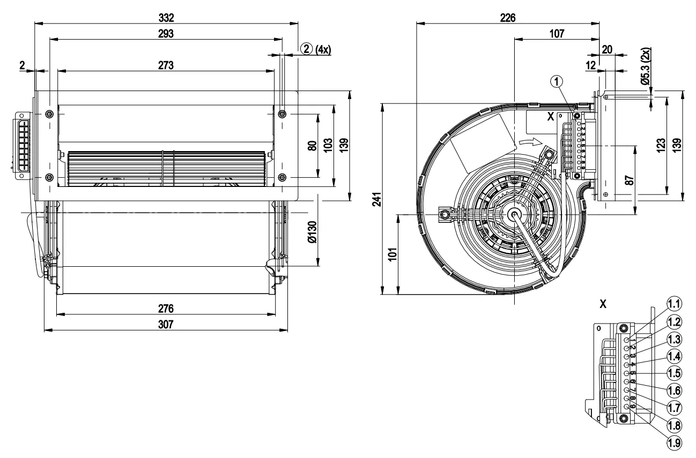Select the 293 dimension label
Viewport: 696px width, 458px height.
pyautogui.click(x=166, y=34)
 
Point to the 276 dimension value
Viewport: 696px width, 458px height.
pyautogui.click(x=166, y=309)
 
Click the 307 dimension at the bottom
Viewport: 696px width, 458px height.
pyautogui.click(x=166, y=325)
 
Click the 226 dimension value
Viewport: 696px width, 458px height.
pyautogui.click(x=507, y=18)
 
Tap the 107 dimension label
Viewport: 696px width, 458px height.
pyautogui.click(x=556, y=33)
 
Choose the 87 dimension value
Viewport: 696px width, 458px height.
pyautogui.click(x=630, y=179)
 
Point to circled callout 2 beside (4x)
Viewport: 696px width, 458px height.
pyautogui.click(x=306, y=49)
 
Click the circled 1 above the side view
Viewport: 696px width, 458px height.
pyautogui.click(x=558, y=81)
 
